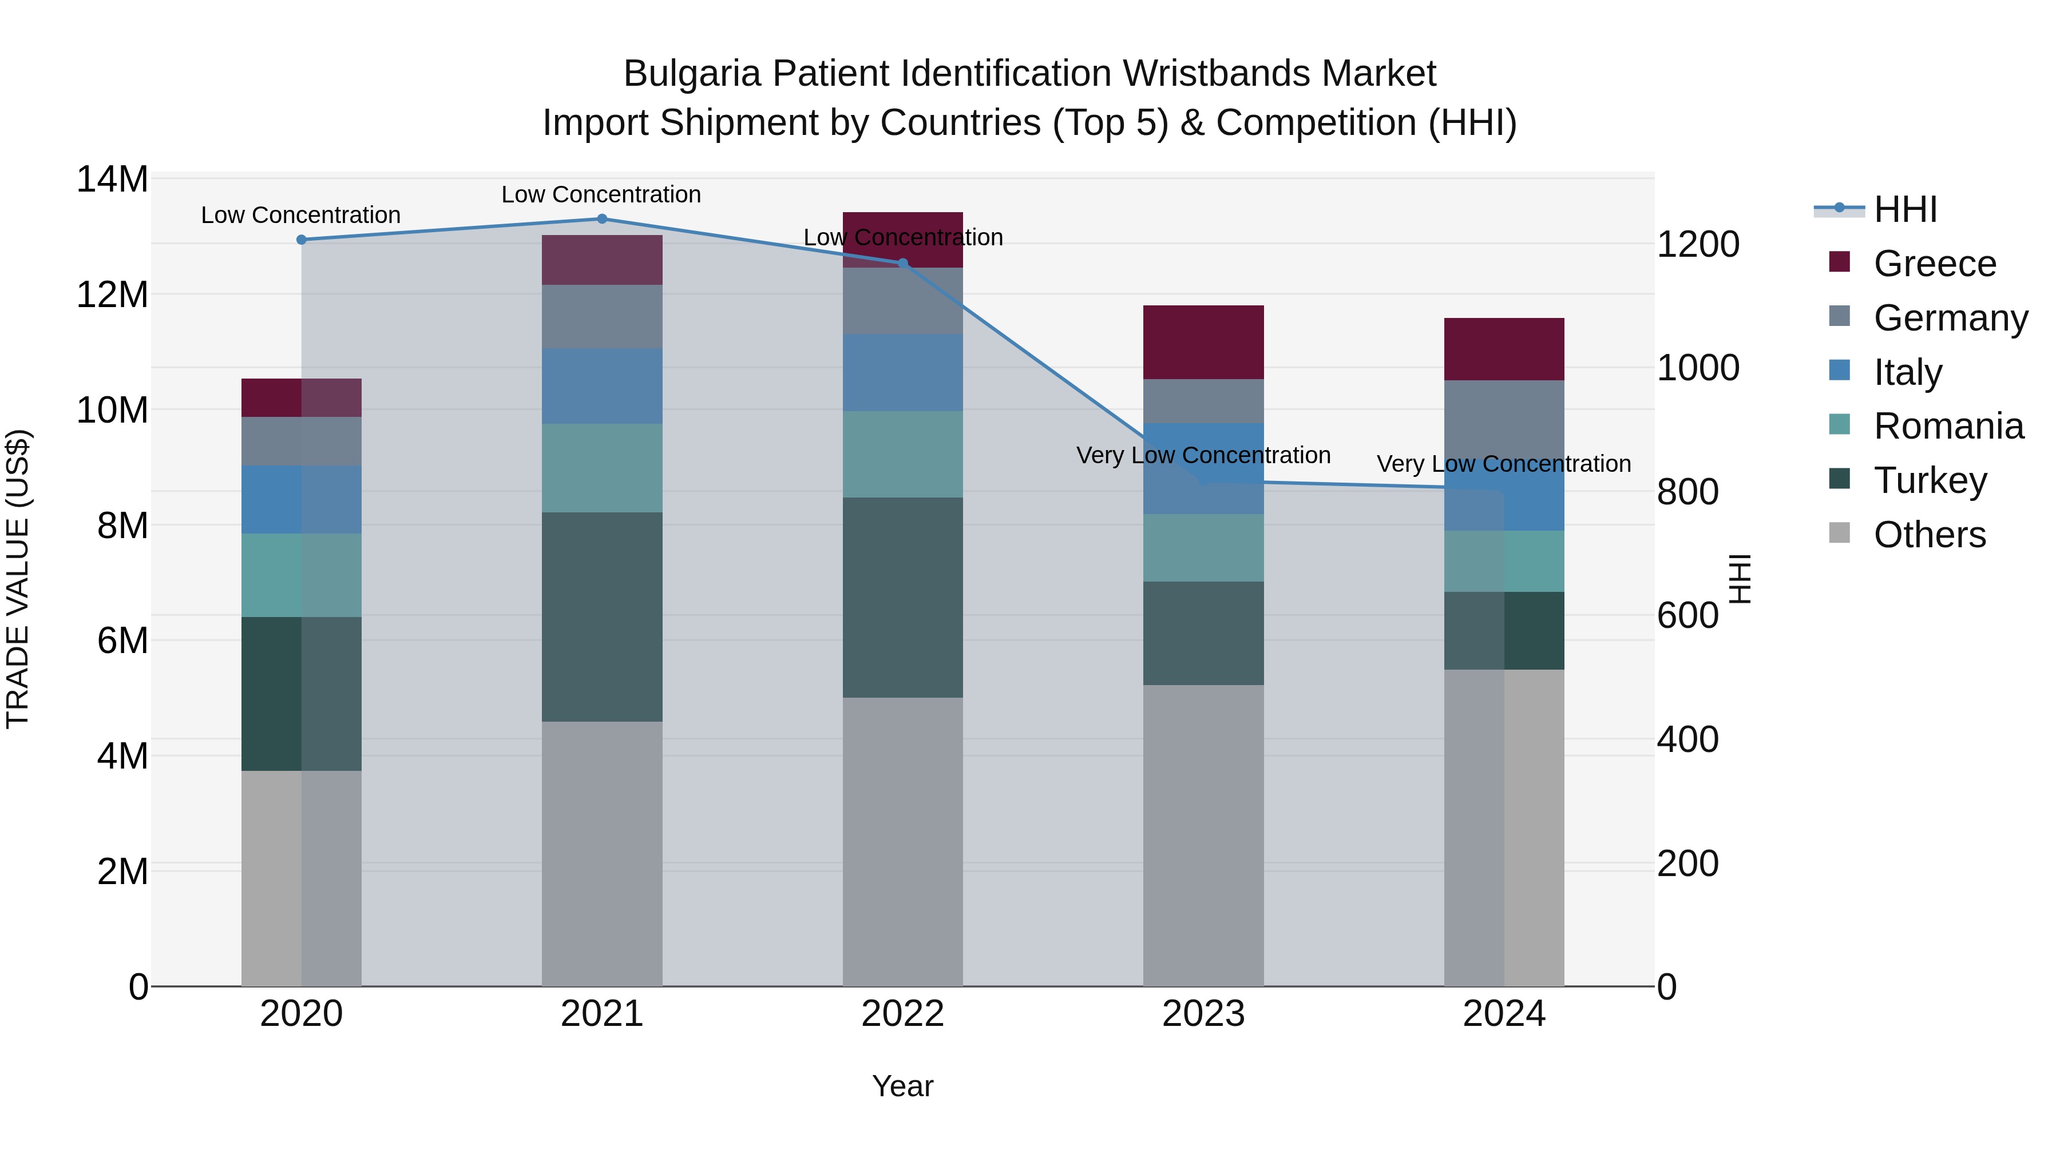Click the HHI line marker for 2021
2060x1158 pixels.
602,219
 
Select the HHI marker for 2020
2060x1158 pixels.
302,240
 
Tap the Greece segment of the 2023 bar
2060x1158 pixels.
1203,342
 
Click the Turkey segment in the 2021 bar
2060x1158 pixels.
602,617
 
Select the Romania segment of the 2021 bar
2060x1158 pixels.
602,468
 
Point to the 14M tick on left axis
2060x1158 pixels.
112,179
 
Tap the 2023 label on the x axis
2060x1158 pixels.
1203,1014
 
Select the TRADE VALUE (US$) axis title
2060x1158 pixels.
18,579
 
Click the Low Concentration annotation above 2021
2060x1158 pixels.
601,194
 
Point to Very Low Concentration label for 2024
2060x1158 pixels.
1503,464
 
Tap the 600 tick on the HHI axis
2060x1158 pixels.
1687,615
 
